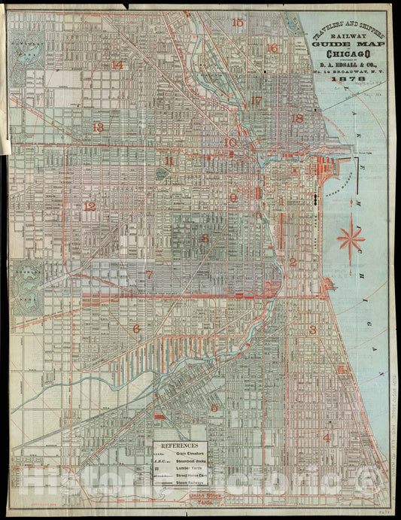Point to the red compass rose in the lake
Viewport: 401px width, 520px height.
click(351, 239)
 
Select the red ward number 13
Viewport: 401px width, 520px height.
click(97, 127)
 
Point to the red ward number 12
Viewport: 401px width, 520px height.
click(90, 206)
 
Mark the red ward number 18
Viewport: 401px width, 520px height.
click(297, 118)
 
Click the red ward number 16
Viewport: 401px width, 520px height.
click(272, 48)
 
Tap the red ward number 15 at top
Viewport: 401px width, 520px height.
click(238, 23)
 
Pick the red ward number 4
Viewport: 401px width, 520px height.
click(327, 437)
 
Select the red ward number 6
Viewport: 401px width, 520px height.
click(136, 329)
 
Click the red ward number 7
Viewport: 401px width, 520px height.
click(149, 275)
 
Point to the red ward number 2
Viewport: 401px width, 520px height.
click(293, 263)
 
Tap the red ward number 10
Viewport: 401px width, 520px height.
click(230, 142)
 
